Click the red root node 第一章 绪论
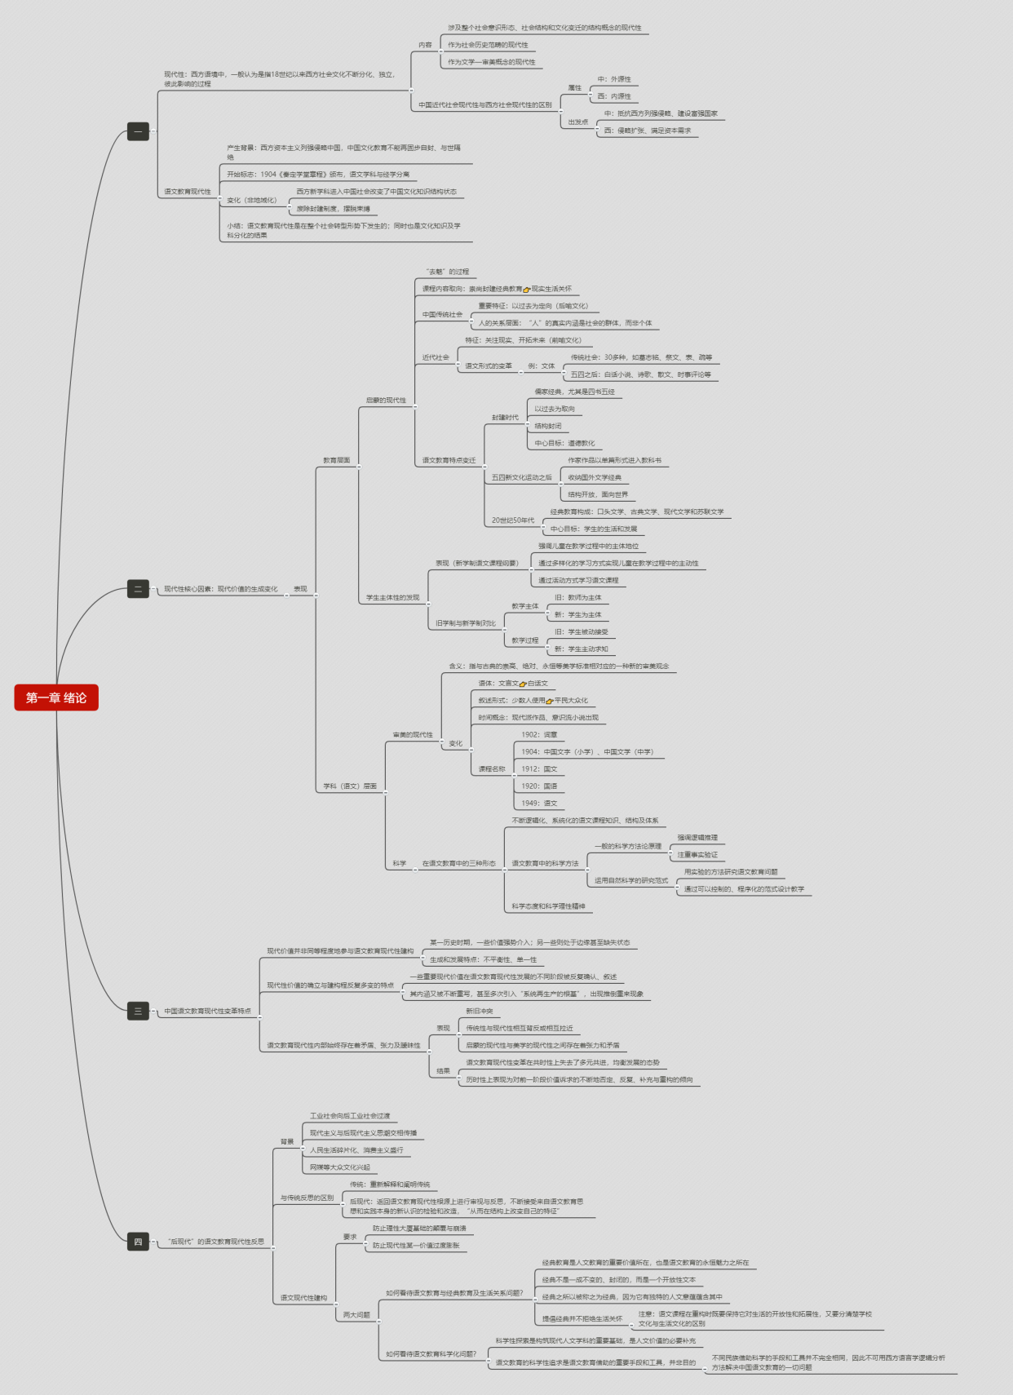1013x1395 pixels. pyautogui.click(x=56, y=697)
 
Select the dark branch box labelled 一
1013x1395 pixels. pyautogui.click(x=138, y=131)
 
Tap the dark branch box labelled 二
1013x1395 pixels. pyautogui.click(x=138, y=589)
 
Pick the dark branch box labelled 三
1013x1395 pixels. pyautogui.click(x=138, y=1011)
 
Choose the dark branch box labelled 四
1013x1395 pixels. pyautogui.click(x=138, y=1242)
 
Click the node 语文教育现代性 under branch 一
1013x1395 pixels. pyautogui.click(x=188, y=192)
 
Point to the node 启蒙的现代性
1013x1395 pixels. pyautogui.click(x=386, y=401)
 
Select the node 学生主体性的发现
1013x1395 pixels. pyautogui.click(x=392, y=598)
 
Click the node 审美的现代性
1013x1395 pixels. pyautogui.click(x=413, y=735)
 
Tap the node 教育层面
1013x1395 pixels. pyautogui.click(x=336, y=460)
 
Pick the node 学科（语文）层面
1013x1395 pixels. pyautogui.click(x=350, y=786)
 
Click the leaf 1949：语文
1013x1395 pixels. pyautogui.click(x=539, y=804)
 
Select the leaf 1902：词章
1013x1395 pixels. pyautogui.click(x=539, y=735)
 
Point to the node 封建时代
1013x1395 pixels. pyautogui.click(x=505, y=418)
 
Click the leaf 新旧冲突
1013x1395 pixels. pyautogui.click(x=480, y=1012)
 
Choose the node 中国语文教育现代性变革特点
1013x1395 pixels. pyautogui.click(x=207, y=1012)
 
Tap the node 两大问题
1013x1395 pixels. pyautogui.click(x=356, y=1315)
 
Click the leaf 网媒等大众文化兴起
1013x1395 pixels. pyautogui.click(x=339, y=1167)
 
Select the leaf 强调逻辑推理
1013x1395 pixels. pyautogui.click(x=697, y=838)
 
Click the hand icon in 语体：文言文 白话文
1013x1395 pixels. pyautogui.click(x=523, y=684)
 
